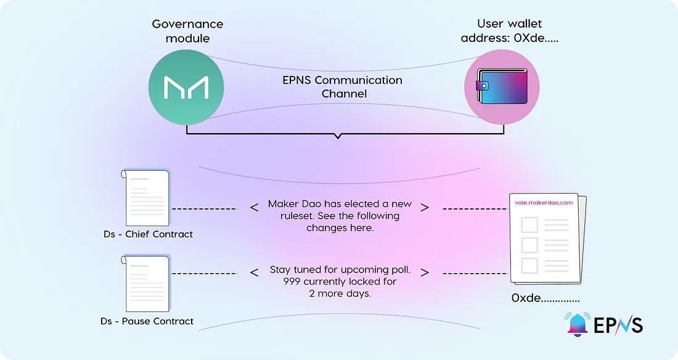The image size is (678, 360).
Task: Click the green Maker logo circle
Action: [186, 87]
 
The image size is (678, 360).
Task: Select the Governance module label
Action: [187, 31]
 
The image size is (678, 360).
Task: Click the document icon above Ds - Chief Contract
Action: [147, 198]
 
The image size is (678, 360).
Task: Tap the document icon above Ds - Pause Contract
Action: [147, 284]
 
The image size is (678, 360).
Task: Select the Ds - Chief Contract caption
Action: [148, 234]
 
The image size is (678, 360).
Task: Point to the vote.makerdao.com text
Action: [544, 203]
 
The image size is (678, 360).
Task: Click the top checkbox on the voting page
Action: [529, 224]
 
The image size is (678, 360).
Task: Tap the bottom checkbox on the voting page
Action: [529, 266]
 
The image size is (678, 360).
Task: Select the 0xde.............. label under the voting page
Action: [545, 298]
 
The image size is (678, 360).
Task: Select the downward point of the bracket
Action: [337, 137]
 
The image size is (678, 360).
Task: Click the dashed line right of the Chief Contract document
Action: [204, 209]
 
